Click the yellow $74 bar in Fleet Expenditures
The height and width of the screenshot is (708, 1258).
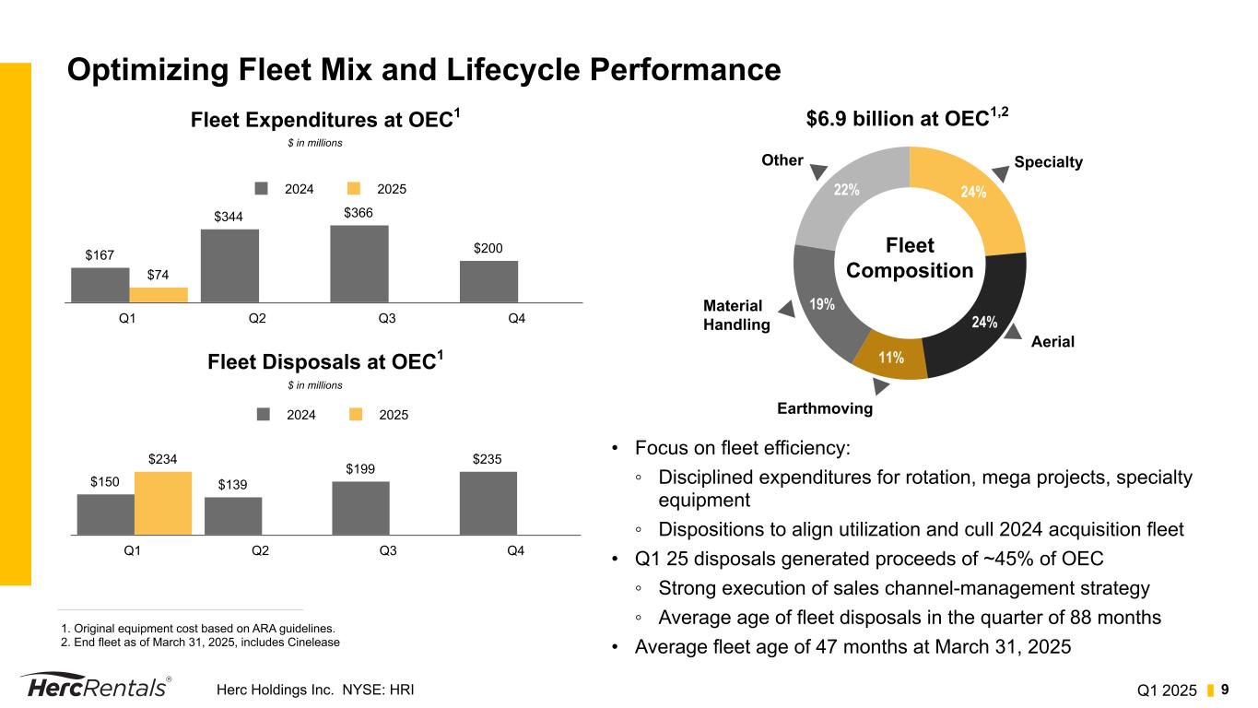pos(159,295)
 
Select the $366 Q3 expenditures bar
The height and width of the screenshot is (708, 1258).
pos(359,264)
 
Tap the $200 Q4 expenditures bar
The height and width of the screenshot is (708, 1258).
pos(488,281)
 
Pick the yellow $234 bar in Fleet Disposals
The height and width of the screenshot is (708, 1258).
pos(163,503)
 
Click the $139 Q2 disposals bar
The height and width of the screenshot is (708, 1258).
pos(233,515)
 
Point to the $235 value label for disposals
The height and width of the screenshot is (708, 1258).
pos(488,458)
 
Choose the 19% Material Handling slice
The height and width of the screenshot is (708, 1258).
pos(819,301)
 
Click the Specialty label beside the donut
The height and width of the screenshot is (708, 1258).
pos(1048,162)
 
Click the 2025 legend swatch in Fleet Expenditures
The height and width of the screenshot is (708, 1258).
pos(354,188)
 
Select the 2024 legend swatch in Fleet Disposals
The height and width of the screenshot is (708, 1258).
pos(264,415)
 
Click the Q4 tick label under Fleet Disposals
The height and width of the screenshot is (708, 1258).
pos(516,550)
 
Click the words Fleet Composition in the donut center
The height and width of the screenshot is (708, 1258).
pos(910,258)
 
